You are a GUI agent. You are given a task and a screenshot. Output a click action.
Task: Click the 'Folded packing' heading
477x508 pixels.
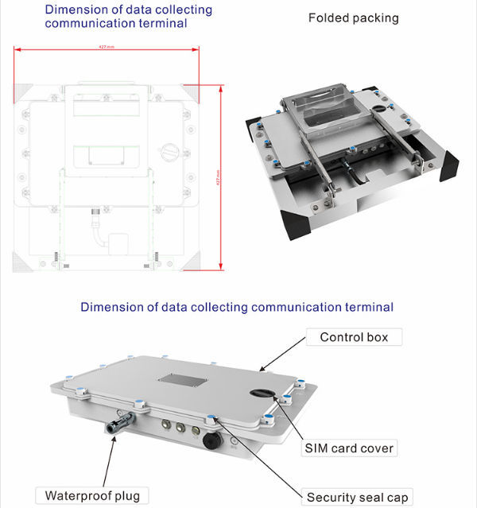[x=354, y=17]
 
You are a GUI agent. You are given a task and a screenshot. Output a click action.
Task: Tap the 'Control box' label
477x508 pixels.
[x=354, y=337]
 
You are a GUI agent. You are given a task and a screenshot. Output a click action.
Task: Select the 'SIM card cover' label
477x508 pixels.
[x=349, y=448]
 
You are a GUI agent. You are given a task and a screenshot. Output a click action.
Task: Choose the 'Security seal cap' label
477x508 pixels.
[x=358, y=498]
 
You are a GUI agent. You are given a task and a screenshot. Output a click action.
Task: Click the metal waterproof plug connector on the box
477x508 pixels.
[x=119, y=425]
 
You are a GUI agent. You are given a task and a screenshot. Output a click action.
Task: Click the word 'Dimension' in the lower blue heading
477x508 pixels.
[x=111, y=307]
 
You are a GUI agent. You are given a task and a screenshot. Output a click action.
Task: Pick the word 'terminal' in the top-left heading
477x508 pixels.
[x=165, y=23]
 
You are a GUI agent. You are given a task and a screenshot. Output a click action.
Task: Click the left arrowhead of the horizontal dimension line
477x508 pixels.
[x=17, y=50]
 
